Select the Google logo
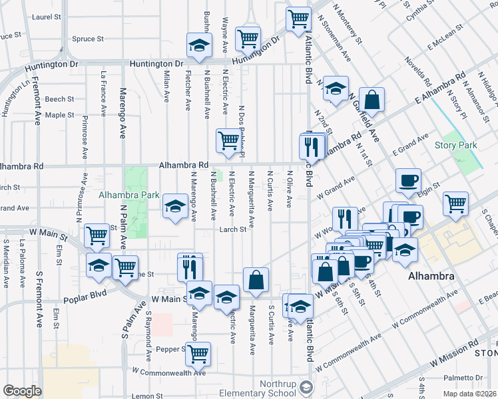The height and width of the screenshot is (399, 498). (22, 391)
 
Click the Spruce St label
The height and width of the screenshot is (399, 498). (86, 39)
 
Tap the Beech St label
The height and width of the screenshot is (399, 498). (60, 99)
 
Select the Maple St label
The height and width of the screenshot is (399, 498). (60, 115)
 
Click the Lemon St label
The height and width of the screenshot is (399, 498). (148, 396)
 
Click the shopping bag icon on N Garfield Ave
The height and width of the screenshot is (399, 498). (372, 100)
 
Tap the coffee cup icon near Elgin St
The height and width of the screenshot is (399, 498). (408, 181)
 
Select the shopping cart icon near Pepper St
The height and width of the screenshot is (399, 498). (198, 354)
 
